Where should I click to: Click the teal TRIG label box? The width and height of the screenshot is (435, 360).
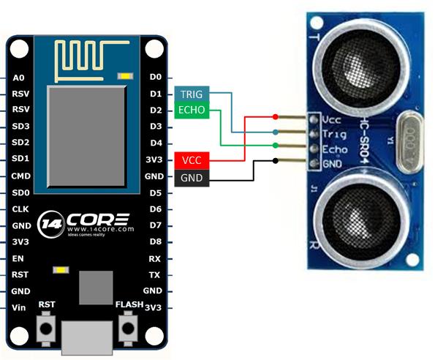[192, 94]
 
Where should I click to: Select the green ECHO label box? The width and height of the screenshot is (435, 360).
[192, 110]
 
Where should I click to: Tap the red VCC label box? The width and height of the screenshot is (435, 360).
[192, 160]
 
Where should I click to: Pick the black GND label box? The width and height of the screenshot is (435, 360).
[192, 176]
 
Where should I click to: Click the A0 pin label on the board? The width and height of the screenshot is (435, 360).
[19, 77]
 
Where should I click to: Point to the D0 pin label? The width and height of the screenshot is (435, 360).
[154, 77]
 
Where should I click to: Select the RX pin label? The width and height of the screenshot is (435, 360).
[154, 258]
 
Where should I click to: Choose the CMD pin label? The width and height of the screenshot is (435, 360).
[20, 176]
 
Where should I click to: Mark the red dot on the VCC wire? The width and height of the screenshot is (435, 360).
[275, 117]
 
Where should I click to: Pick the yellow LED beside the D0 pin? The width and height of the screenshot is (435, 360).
[129, 75]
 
